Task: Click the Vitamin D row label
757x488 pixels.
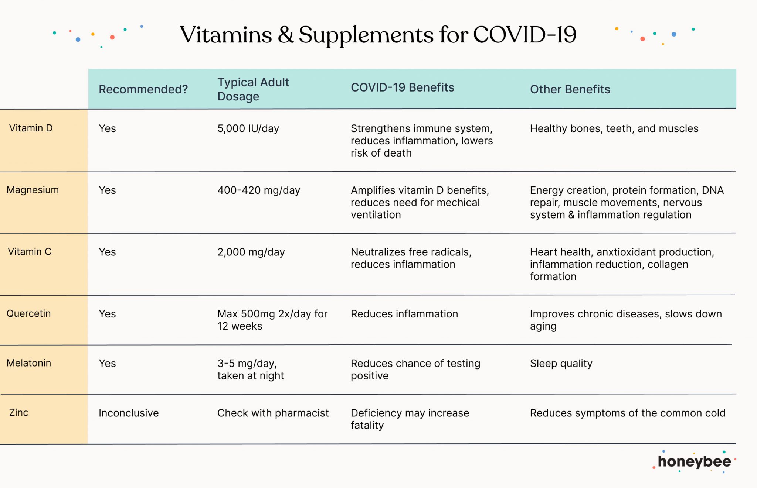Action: pos(31,128)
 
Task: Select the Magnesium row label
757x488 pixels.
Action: pos(33,190)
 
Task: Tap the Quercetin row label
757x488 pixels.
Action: pos(28,313)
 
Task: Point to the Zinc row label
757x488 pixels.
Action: pos(18,412)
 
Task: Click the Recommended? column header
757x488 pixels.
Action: pos(143,89)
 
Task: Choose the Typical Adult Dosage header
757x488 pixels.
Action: pos(253,89)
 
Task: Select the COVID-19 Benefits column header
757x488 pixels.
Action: pos(402,87)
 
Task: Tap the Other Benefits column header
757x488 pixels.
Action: pos(570,89)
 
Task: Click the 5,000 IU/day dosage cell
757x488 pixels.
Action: pos(248,128)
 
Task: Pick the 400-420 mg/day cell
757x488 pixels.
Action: pos(258,190)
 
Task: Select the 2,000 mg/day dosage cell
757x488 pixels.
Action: pos(251,252)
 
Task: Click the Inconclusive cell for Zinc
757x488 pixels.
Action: pos(129,413)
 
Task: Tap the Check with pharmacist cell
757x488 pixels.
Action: pos(273,413)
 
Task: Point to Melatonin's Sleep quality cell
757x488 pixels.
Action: pos(561,364)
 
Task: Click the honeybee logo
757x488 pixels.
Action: pos(694,462)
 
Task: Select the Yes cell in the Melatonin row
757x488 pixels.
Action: pos(107,364)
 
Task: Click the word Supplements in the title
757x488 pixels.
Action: pos(366,35)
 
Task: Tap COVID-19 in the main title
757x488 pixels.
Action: pos(525,35)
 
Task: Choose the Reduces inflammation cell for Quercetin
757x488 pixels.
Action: pos(404,314)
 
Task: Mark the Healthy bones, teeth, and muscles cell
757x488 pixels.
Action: pos(614,128)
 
